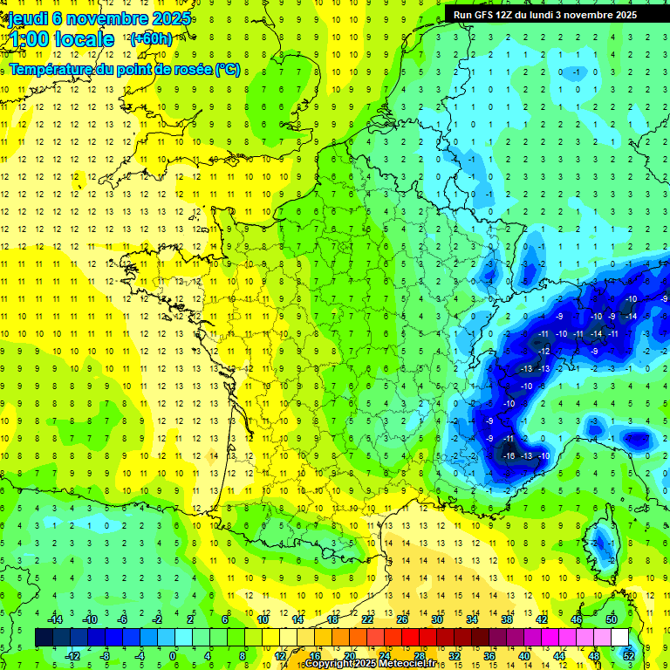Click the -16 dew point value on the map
pos(509,455)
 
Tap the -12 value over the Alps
pos(544,351)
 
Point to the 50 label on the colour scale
pos(612,619)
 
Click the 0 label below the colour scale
pos(173,656)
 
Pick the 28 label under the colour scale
pos(419,656)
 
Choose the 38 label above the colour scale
pos(507,619)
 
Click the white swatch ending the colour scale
pos(619,638)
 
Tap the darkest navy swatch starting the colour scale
pos(44,638)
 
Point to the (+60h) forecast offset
pos(151,39)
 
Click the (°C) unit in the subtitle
pos(228,69)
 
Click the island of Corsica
pos(601,550)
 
